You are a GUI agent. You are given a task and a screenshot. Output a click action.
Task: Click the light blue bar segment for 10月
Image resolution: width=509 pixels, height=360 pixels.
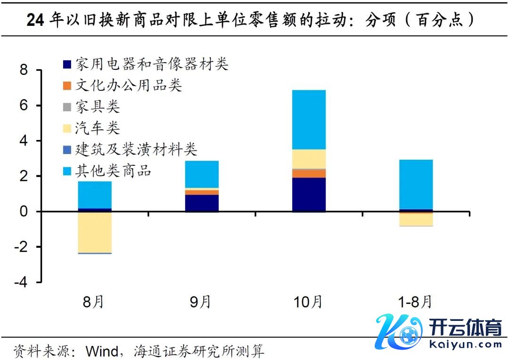[x=309, y=120]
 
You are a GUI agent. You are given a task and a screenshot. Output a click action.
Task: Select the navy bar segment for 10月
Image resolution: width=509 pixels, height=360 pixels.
[x=309, y=195]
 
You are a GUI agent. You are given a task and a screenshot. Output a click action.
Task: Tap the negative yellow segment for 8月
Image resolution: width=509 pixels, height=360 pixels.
[x=95, y=232]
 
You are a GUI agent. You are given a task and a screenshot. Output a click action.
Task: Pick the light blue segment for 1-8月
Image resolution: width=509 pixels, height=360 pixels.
[x=416, y=184]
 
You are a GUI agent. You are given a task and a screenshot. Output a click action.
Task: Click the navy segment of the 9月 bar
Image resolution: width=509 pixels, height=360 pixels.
[x=202, y=203]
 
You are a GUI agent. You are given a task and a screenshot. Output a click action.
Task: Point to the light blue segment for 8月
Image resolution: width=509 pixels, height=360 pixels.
[x=95, y=195]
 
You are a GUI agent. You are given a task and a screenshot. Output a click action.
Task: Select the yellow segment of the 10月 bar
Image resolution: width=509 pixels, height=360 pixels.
[x=309, y=159]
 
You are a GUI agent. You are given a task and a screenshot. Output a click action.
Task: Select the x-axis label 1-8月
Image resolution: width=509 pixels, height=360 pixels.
[x=415, y=302]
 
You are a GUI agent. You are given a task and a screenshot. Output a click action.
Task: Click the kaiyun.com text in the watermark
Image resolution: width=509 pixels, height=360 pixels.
[x=466, y=344]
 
